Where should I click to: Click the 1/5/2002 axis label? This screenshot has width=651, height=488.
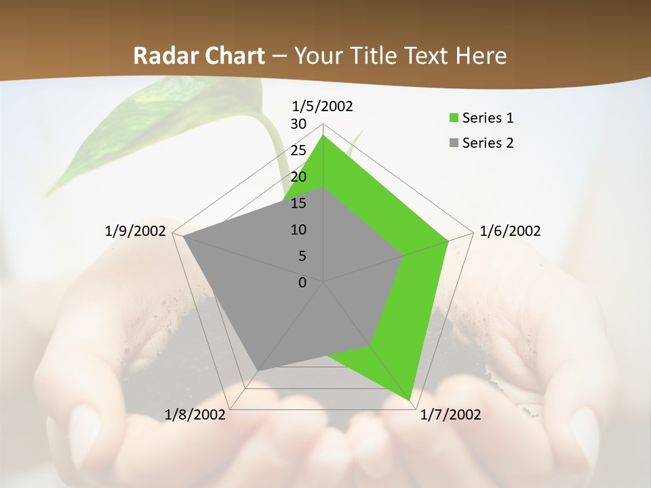coord(322,106)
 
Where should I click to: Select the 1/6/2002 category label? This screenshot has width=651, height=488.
coord(510,231)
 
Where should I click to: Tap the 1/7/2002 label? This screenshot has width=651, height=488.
coord(450,415)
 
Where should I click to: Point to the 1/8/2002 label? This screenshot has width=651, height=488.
coord(195,415)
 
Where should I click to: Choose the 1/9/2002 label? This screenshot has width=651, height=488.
coord(135,231)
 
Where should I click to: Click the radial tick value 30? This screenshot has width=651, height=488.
coord(298,124)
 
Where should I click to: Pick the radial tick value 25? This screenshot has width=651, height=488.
coord(298,150)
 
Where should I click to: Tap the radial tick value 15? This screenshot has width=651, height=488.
coord(298,203)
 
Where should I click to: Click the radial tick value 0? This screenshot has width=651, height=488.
coord(302,283)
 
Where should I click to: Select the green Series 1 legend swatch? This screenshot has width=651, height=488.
coord(454,118)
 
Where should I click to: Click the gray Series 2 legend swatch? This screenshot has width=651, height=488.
coord(454,143)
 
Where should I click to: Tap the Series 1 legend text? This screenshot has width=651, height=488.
coord(488,118)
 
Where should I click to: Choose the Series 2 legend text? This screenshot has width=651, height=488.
coord(488,143)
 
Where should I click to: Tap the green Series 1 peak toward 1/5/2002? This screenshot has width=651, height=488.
coord(323,136)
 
